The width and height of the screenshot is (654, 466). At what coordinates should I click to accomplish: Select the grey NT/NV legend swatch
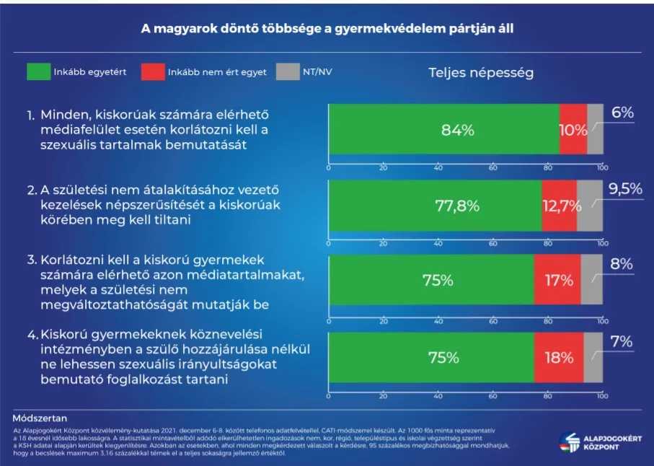(287, 72)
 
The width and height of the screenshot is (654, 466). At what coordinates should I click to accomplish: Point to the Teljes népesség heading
(481, 73)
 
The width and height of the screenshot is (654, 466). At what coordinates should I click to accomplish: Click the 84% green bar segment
(443, 130)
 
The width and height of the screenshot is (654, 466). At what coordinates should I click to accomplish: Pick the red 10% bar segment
(573, 130)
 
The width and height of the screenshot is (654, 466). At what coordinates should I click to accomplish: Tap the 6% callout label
(622, 113)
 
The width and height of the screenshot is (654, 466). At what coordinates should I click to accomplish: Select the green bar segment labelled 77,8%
(435, 206)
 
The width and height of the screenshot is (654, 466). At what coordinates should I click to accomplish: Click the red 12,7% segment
(559, 206)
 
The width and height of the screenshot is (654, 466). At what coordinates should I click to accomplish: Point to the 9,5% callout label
(624, 189)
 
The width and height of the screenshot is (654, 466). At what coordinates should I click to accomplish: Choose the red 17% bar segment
(557, 281)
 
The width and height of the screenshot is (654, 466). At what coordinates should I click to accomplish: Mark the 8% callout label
(622, 264)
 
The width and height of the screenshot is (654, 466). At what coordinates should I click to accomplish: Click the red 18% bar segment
(559, 357)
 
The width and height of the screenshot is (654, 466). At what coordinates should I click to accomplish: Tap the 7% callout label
(622, 340)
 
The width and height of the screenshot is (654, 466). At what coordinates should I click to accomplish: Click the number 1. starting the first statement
(30, 115)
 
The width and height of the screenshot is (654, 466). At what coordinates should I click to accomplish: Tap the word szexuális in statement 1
(69, 144)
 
